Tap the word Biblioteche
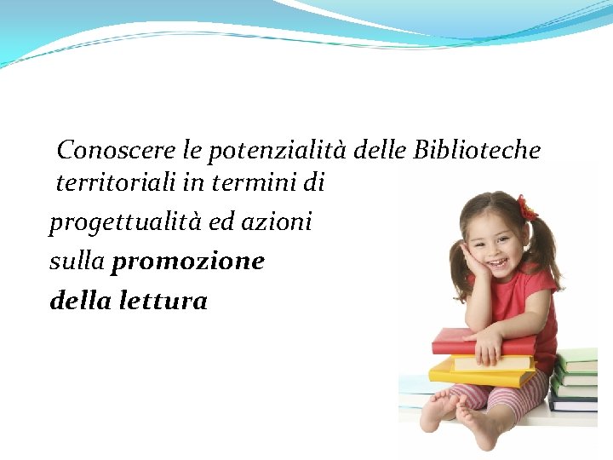coord(477,151)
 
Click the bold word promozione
coord(188,261)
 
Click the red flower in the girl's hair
coord(527,209)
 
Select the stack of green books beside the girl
coord(576,375)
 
